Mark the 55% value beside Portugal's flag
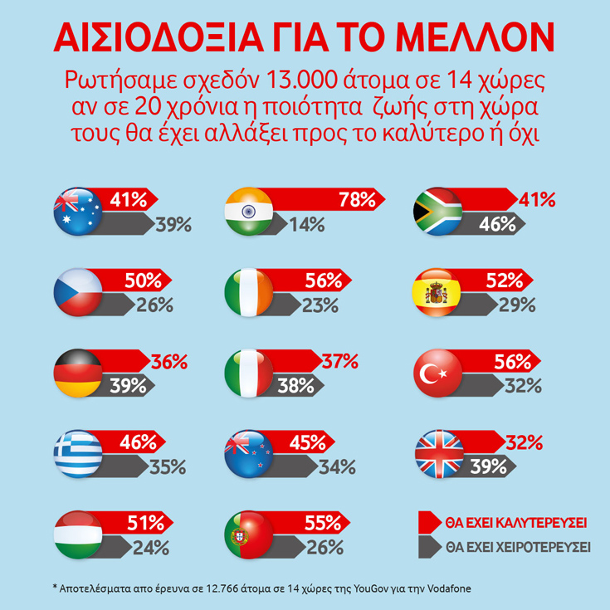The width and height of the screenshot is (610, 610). pos(322,523)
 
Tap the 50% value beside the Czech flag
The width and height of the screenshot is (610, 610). pos(142,281)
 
